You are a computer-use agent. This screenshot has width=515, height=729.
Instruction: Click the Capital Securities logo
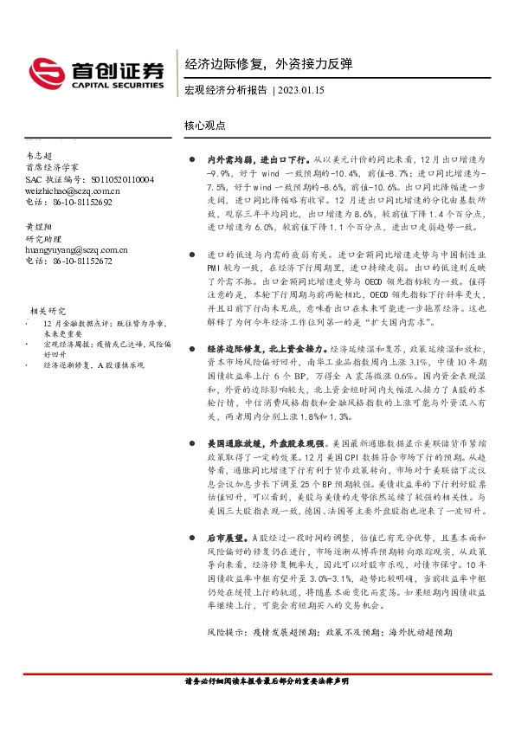pyautogui.click(x=95, y=72)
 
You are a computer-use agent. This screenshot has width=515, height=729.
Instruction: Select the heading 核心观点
pyautogui.click(x=204, y=125)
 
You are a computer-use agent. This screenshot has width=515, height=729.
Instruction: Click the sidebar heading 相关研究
pyautogui.click(x=48, y=310)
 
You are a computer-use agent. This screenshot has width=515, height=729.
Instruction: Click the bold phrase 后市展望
pyautogui.click(x=227, y=537)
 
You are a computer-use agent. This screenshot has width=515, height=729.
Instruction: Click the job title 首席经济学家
pyautogui.click(x=52, y=166)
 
